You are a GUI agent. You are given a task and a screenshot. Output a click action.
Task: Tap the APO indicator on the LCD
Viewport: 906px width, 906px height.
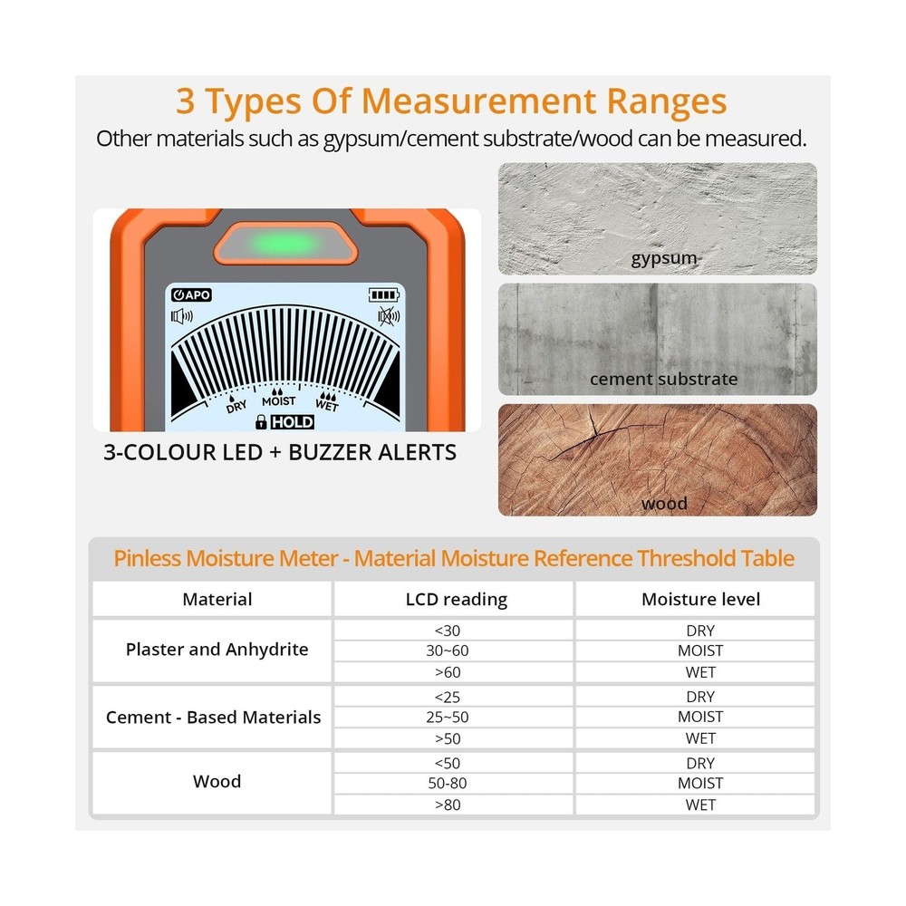191,294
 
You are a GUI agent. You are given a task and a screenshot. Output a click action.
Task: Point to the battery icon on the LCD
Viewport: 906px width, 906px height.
383,294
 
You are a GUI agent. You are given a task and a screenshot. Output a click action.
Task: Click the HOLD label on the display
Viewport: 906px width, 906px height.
292,422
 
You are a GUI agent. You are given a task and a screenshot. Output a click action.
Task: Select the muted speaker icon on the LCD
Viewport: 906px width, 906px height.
388,316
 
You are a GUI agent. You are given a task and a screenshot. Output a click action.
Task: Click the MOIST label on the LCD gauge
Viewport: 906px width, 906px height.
279,400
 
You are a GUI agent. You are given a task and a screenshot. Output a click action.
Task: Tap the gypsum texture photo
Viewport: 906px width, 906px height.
657,218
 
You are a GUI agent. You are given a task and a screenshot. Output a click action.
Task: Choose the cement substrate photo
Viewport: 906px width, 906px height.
657,339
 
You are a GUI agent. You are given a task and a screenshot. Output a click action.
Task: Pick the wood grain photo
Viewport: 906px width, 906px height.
657,459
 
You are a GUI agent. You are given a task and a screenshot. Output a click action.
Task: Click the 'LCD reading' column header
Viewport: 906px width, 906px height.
456,600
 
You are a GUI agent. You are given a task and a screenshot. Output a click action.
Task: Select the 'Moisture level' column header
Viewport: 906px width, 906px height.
700,600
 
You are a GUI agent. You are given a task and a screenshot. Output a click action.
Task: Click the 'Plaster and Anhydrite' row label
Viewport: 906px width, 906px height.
217,650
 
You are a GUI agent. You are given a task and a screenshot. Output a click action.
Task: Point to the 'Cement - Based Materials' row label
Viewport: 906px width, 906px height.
213,718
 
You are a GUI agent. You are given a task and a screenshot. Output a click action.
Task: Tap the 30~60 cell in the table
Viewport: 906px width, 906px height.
448,651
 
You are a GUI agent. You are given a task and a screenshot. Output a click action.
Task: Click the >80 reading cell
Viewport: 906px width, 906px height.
448,805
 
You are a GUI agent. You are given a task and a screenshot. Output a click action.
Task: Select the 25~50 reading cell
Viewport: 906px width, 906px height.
448,717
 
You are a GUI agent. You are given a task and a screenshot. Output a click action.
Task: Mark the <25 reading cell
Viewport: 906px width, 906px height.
448,697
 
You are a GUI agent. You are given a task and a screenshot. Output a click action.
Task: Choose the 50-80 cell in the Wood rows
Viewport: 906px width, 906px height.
448,783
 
